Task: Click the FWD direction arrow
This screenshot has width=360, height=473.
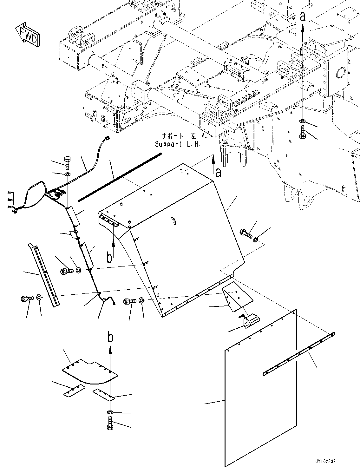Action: tap(28, 35)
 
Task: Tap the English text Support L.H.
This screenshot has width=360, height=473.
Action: tap(178, 144)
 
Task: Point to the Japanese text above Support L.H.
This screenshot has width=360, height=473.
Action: tap(179, 136)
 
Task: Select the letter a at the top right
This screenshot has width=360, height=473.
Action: tap(303, 16)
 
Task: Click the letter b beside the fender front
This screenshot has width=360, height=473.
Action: tap(110, 257)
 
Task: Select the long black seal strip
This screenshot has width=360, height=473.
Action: tap(120, 177)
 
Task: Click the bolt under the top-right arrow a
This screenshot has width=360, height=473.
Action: tap(302, 132)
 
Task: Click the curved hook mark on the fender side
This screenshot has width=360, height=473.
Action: tap(174, 220)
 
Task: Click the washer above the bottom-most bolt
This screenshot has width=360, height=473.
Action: tap(109, 412)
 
